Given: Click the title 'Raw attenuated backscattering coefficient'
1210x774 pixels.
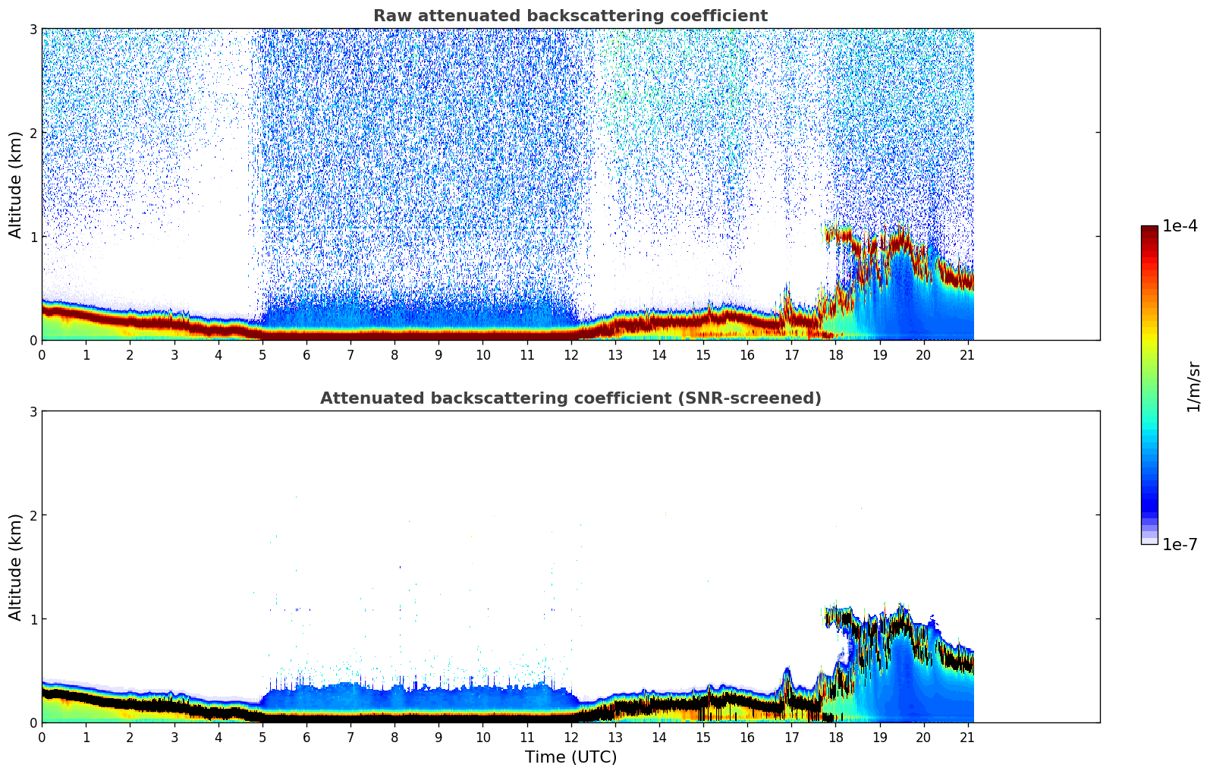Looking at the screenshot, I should click(x=570, y=16).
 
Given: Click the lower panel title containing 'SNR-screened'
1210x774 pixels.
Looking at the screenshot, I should click(x=570, y=398).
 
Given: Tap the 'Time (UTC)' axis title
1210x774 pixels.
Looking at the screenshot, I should click(x=570, y=757).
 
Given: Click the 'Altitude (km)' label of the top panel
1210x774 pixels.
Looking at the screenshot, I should click(x=16, y=184).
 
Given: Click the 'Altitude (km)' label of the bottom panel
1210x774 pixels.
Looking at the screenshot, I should click(x=16, y=567).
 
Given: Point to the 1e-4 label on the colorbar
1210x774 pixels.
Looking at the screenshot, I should click(x=1180, y=226).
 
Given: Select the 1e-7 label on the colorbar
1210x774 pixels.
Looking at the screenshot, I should click(x=1180, y=545).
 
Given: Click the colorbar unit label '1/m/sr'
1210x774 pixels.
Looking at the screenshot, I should click(x=1193, y=385).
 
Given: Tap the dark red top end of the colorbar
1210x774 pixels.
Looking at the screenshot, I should click(x=1149, y=229).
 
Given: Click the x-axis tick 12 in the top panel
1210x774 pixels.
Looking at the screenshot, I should click(x=571, y=355).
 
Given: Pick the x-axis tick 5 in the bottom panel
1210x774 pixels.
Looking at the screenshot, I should click(x=262, y=738).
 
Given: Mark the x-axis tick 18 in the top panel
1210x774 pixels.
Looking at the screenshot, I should click(x=836, y=355).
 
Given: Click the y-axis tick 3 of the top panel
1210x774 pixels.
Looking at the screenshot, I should click(x=33, y=29).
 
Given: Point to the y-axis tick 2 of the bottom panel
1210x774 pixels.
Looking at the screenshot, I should click(x=33, y=515).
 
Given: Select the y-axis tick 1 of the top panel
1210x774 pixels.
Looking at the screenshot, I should click(x=33, y=237).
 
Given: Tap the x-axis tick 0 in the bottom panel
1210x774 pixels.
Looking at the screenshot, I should click(x=42, y=738).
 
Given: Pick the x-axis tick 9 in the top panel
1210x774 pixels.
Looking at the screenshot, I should click(x=438, y=355).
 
